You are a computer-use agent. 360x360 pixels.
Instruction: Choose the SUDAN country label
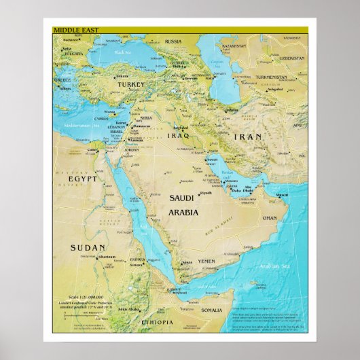pos(88,248)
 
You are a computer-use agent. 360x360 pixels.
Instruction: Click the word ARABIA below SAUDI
pos(183,212)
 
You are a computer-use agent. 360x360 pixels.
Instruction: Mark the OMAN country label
pos(270,218)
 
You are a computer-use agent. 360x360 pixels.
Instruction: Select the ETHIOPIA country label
pos(157,323)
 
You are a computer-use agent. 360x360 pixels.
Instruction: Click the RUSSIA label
pos(173,41)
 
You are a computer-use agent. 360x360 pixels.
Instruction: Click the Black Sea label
pos(123,52)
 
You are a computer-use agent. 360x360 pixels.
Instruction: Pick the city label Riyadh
pos(206,193)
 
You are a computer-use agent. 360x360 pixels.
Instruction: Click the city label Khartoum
pos(106,257)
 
